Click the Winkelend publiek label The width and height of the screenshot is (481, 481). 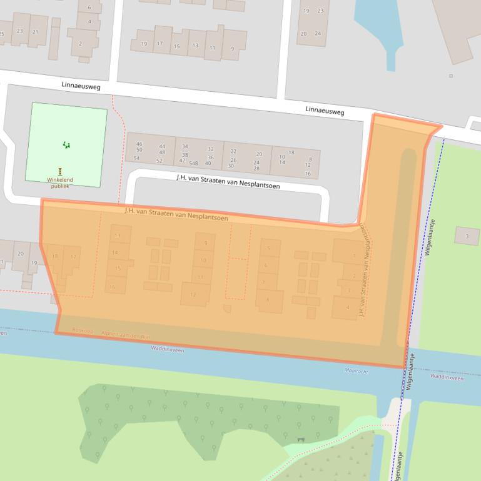pos(60,182)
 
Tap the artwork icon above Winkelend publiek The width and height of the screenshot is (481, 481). pos(60,171)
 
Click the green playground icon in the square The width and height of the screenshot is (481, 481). pos(66,145)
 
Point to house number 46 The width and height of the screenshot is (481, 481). pos(139,144)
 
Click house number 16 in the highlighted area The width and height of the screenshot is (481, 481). pos(113,287)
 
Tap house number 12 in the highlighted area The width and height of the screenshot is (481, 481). pos(193,294)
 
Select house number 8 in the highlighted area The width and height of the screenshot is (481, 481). pos(268,300)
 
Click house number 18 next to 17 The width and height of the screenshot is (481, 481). pos(55,256)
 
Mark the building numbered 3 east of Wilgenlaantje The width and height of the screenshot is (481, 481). pos(467,236)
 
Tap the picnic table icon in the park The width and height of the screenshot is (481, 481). pos(301,440)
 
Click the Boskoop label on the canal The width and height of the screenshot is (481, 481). pos(82,329)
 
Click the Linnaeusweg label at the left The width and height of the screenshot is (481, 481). pos(81,86)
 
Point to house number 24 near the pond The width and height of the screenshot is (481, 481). pos(318,33)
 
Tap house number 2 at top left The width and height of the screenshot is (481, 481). pos(80,44)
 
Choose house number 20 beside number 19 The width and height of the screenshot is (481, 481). pos(21,254)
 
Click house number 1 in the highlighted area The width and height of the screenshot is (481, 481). pos(355,255)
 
